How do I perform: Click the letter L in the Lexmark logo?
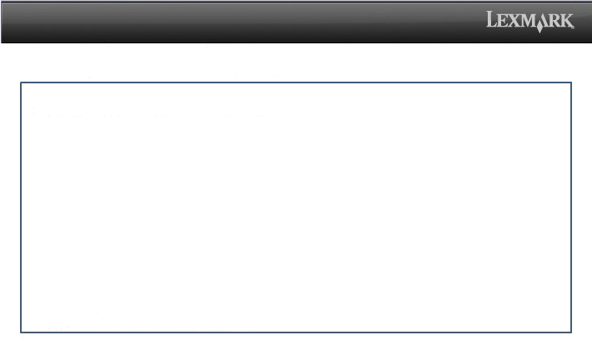(x=491, y=19)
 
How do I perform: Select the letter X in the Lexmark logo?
(x=512, y=21)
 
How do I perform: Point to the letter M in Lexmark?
(x=526, y=21)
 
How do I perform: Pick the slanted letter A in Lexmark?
(x=543, y=20)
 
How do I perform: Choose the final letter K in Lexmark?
(x=567, y=21)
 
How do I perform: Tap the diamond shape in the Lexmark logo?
(x=540, y=27)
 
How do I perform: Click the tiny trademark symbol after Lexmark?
(x=573, y=27)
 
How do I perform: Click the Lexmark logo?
(x=530, y=22)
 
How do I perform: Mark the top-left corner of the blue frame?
(x=21, y=82)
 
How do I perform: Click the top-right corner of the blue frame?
(x=571, y=82)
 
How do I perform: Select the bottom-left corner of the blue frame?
(x=21, y=332)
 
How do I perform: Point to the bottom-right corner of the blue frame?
(x=571, y=332)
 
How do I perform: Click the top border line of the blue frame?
(x=296, y=82)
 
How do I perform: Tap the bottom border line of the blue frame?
(x=296, y=332)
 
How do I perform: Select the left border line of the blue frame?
(x=21, y=207)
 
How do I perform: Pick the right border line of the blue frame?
(x=571, y=207)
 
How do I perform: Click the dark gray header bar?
(x=242, y=22)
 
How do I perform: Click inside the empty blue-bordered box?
(x=296, y=207)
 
